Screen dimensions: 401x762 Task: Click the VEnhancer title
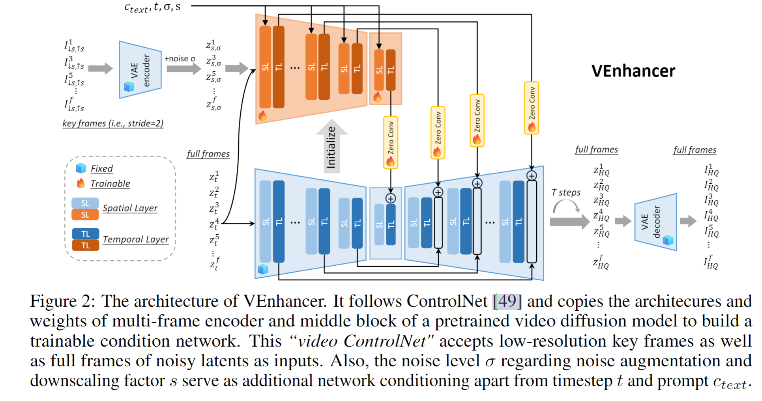633,71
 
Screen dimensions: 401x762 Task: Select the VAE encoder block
140,70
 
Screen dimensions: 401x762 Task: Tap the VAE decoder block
655,222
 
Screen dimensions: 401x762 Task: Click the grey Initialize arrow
331,146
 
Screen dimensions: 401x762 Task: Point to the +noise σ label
180,59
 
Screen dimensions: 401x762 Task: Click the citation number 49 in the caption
507,302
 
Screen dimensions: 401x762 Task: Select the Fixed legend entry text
101,169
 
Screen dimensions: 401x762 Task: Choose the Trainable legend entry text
110,184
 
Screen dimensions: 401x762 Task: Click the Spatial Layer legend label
130,208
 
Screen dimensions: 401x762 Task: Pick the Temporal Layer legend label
136,239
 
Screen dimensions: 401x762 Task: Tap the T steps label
566,192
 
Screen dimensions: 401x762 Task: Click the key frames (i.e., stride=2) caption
113,123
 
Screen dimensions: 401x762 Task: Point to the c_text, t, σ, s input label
152,7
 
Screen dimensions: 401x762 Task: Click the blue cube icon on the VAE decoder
668,240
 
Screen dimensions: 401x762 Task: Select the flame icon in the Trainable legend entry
81,183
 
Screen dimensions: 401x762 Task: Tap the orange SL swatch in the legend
85,215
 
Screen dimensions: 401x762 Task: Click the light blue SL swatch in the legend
85,203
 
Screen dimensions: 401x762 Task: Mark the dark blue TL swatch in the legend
85,234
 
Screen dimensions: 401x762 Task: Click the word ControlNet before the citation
447,302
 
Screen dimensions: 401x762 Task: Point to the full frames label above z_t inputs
208,154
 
